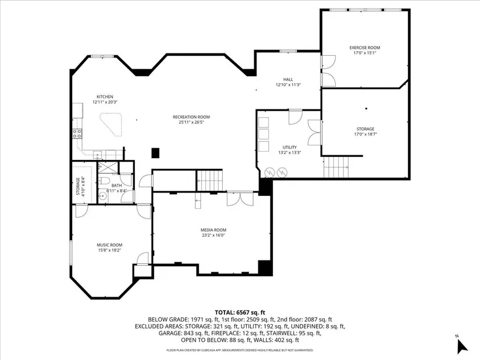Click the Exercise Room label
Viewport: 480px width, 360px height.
[365, 48]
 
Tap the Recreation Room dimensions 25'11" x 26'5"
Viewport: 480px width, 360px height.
[191, 122]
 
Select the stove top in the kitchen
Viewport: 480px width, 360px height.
[77, 133]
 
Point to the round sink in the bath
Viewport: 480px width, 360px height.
[103, 197]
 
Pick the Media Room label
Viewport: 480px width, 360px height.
[214, 230]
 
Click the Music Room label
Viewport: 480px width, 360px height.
[109, 245]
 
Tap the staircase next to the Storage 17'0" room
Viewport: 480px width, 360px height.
[336, 167]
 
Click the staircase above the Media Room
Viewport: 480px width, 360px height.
[209, 181]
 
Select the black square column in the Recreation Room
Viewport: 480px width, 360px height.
[155, 153]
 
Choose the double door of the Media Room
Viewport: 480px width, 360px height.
[240, 199]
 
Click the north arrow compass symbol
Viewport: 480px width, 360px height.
[462, 345]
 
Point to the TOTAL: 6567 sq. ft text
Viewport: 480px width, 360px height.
[240, 312]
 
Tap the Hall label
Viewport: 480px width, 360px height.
[288, 79]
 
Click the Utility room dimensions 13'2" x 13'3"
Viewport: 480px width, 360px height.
[290, 152]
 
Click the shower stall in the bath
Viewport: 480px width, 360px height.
[108, 167]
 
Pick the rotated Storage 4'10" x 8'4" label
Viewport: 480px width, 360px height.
[80, 186]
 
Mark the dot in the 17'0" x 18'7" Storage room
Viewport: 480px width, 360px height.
[366, 108]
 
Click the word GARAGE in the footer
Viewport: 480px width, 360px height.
[170, 333]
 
